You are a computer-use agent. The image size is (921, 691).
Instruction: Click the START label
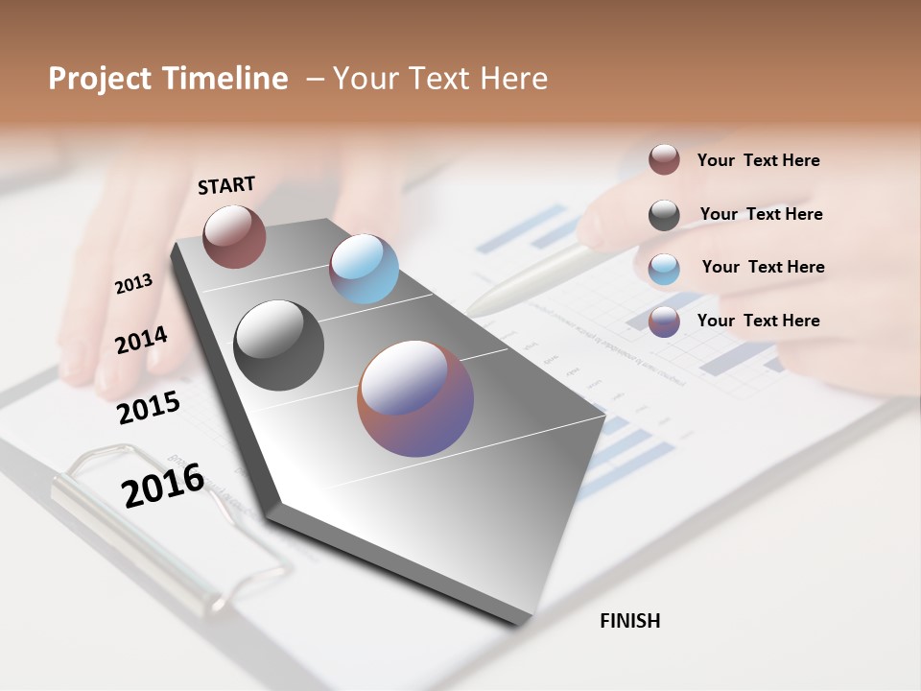coord(226,185)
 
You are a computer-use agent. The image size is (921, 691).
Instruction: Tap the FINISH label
coord(629,621)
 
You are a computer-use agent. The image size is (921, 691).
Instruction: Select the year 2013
coord(133,284)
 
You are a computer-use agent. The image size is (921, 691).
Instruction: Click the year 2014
coord(141,340)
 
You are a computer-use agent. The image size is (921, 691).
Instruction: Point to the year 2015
coord(149,408)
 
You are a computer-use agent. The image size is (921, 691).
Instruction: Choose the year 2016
coord(163,485)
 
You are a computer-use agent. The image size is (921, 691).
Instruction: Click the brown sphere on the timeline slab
coord(234,236)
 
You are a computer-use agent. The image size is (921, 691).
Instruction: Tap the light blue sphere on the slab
coord(364,269)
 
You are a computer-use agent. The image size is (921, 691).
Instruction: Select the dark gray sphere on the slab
coord(279,345)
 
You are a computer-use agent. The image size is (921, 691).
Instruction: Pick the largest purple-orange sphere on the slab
coord(415,398)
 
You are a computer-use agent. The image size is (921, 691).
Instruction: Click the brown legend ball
coord(664,159)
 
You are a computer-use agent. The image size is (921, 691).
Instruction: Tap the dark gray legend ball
coord(664,215)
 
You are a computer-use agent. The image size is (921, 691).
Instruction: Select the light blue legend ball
coord(664,269)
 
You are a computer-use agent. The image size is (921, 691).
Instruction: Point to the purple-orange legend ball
coord(664,322)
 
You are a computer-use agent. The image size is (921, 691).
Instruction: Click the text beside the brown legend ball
coord(758,160)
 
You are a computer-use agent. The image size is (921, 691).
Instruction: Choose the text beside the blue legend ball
coord(763,267)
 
